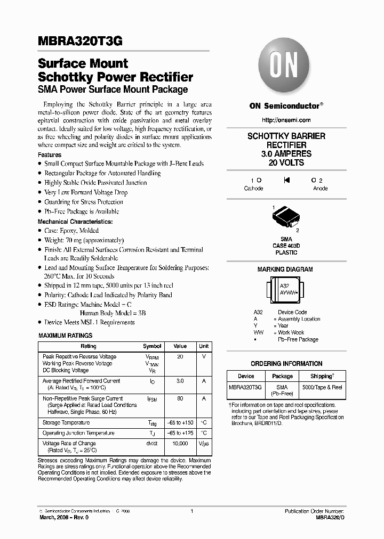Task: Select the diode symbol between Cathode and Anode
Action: (286, 181)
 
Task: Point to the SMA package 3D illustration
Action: (286, 217)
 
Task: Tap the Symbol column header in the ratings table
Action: (152, 346)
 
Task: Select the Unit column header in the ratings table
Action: (204, 346)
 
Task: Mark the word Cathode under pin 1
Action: (253, 189)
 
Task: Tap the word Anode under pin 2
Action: (320, 189)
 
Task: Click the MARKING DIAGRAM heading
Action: (285, 269)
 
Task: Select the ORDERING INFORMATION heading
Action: (286, 364)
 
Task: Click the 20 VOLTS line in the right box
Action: (286, 162)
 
